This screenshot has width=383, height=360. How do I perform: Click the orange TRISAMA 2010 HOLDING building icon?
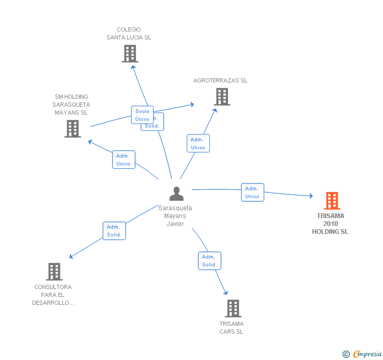point(331,201)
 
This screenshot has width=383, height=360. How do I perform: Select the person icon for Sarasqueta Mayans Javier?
point(176,194)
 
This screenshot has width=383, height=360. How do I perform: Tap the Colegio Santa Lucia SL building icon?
point(129,54)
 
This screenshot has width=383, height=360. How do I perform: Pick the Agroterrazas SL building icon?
point(222,97)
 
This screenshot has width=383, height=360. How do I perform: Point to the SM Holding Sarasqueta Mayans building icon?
point(73,129)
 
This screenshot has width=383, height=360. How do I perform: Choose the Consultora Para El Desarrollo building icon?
point(54,272)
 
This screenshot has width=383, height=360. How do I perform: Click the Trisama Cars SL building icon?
point(233,308)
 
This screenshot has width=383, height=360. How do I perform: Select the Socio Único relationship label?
point(142,115)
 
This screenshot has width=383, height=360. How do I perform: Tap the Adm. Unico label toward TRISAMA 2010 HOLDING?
point(253,192)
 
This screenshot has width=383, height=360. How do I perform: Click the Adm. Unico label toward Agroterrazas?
point(198,143)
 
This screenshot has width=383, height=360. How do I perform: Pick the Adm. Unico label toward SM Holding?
point(124,160)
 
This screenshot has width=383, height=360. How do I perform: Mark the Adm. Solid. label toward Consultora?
point(114,231)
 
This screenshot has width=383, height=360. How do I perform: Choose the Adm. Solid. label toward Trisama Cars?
point(209,261)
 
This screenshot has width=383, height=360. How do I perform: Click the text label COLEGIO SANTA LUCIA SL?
point(129,34)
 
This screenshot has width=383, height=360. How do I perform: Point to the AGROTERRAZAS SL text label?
point(220,80)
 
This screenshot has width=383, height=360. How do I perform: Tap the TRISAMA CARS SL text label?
point(231,327)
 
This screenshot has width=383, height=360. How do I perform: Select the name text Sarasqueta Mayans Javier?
point(175,215)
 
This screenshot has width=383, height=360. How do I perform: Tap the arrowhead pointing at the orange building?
point(311,196)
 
